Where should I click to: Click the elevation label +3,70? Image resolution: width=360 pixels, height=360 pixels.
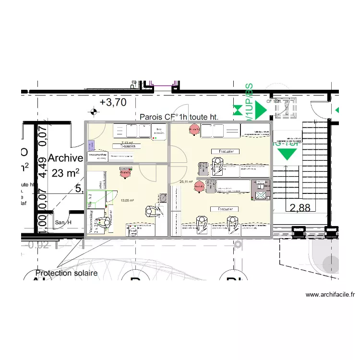(x=113, y=102)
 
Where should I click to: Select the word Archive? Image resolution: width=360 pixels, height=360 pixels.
(x=66, y=158)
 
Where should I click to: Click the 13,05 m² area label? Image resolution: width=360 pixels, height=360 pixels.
(x=127, y=201)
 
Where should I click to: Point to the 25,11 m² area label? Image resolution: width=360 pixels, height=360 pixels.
(x=186, y=182)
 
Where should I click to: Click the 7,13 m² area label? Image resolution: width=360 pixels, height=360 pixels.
(x=127, y=143)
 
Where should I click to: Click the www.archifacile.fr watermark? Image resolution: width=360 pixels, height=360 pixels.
(x=330, y=295)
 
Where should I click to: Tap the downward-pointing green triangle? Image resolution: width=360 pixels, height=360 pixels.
(x=288, y=153)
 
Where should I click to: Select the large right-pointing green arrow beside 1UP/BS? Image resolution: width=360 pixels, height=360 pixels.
(x=260, y=110)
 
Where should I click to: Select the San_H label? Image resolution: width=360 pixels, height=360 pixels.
(x=63, y=222)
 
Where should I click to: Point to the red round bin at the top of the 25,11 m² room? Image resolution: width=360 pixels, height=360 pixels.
(x=194, y=130)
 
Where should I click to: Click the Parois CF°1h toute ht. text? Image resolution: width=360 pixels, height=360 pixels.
(x=179, y=117)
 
